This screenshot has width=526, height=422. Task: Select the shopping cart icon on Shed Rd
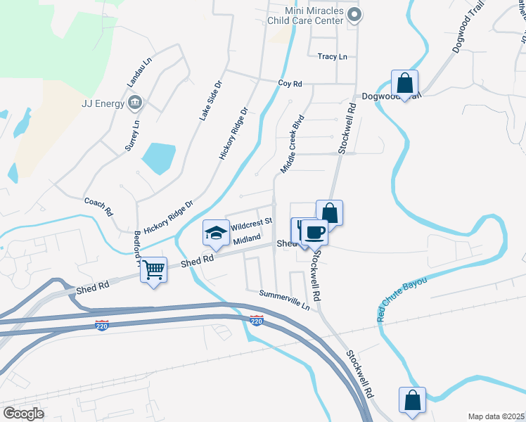[154, 269]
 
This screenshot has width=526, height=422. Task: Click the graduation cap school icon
[216, 232]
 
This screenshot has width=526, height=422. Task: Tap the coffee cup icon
[314, 231]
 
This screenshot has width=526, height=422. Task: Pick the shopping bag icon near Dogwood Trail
[405, 83]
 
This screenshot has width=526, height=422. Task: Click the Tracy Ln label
[332, 56]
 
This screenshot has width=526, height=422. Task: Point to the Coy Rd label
[290, 84]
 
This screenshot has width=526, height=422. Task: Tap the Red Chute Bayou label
[403, 294]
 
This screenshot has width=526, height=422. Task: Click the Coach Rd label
[98, 206]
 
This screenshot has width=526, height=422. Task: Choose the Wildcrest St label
[251, 224]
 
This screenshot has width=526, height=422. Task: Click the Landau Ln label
[139, 72]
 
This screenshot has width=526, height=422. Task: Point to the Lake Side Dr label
[210, 100]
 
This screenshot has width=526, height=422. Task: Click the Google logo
[24, 414]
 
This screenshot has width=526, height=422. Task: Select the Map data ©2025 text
[495, 416]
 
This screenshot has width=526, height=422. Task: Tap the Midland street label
[248, 239]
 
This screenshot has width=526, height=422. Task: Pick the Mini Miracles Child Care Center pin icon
[354, 14]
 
